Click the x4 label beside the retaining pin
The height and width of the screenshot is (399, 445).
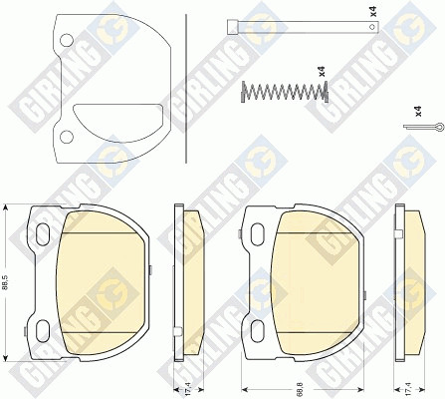[x=373, y=11]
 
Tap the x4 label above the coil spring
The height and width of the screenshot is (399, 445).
[x=322, y=71]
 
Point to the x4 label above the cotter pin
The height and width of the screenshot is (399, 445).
[x=419, y=111]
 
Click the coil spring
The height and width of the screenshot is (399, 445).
[x=285, y=91]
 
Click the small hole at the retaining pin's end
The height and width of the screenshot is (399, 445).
[x=372, y=27]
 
